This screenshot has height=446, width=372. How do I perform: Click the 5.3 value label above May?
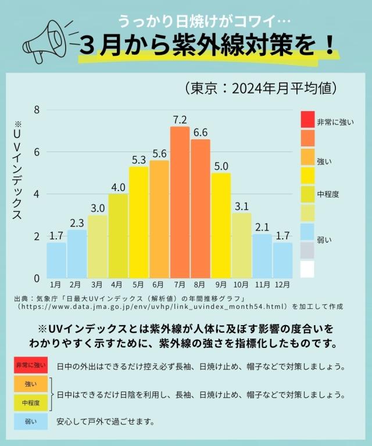click(x=139, y=159)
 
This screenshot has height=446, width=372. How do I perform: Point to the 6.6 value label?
click(x=200, y=132)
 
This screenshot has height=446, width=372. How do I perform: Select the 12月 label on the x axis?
click(x=282, y=285)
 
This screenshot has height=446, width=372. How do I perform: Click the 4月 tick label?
click(x=117, y=285)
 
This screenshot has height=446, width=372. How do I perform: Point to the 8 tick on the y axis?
click(x=36, y=110)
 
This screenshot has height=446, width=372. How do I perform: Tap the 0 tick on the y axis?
click(x=36, y=278)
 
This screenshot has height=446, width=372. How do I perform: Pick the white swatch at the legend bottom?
click(x=307, y=269)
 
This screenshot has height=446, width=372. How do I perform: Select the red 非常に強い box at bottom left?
click(x=31, y=365)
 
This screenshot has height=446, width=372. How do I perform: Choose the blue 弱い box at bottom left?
click(x=31, y=421)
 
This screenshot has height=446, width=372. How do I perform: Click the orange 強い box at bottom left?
click(x=31, y=384)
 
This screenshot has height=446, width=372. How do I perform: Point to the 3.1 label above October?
click(x=241, y=205)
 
